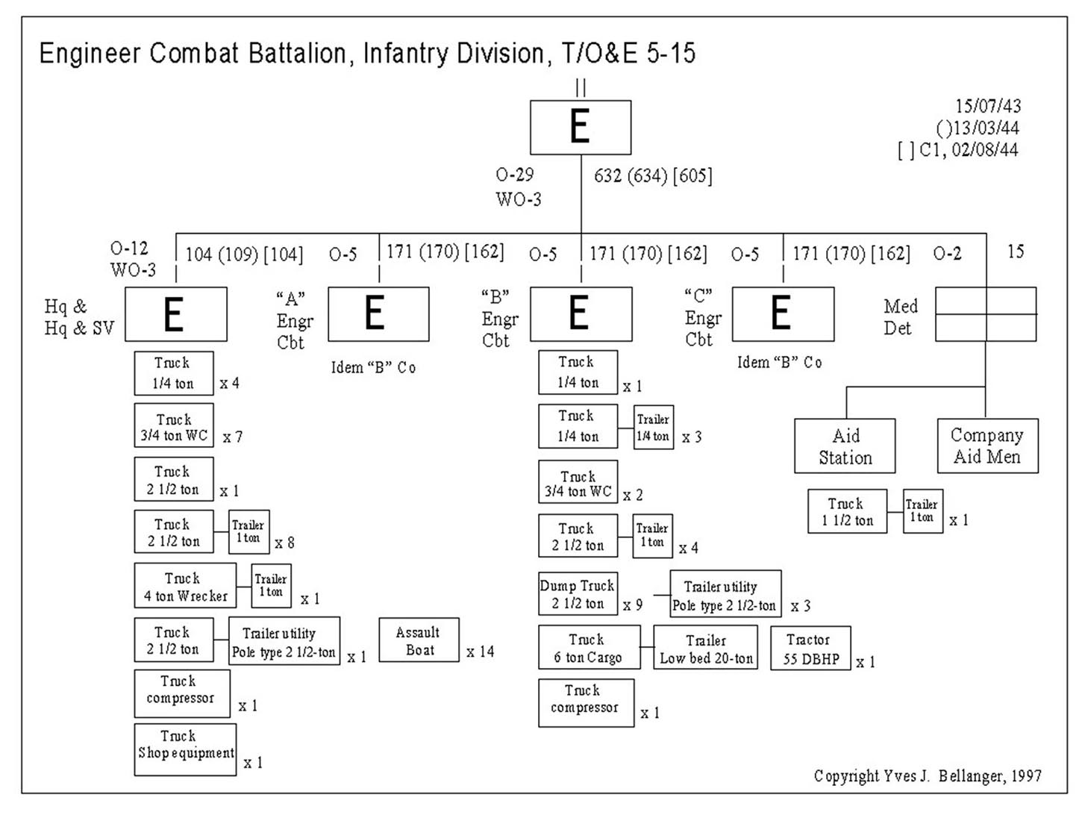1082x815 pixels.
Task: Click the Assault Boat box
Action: pos(419,640)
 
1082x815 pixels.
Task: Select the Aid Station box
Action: pos(845,446)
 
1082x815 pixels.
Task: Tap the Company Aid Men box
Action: pos(987,446)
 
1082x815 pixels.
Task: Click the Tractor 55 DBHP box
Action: pos(810,649)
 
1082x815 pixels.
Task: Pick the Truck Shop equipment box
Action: pos(185,749)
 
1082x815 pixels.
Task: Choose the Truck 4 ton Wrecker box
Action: pos(185,586)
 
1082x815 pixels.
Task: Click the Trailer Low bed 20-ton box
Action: pos(705,649)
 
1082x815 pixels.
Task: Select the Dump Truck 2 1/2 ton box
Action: pos(578,594)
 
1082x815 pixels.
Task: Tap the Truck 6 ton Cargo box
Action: pos(589,648)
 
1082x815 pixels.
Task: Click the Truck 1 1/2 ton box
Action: pos(847,511)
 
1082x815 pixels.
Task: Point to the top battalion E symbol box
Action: pos(581,128)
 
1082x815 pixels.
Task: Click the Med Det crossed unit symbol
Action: pos(986,314)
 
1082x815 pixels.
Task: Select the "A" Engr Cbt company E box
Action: pos(378,314)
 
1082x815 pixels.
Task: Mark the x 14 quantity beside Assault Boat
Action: pos(480,652)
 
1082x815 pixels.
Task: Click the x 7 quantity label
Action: pos(232,437)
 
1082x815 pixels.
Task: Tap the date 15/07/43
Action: pos(988,106)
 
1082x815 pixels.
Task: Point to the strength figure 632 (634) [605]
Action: pos(653,176)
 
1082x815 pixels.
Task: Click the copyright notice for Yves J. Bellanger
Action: pos(928,776)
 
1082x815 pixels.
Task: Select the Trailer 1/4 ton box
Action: pos(653,427)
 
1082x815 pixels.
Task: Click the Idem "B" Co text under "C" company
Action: pos(779,363)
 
